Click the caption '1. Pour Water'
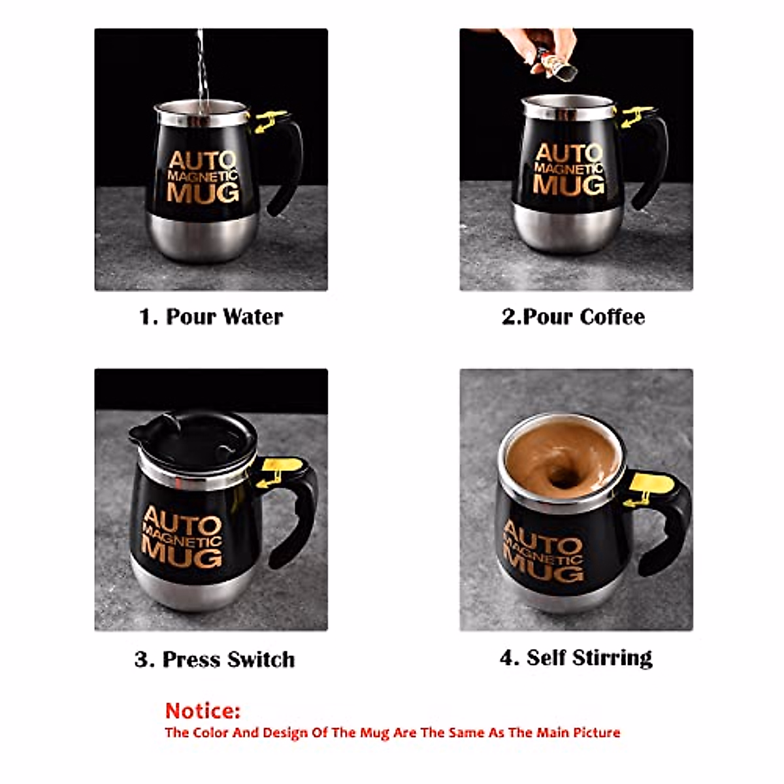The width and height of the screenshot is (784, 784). pos(211,317)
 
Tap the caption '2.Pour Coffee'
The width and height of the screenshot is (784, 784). pos(573,317)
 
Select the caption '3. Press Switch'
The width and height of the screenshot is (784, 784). pos(215,659)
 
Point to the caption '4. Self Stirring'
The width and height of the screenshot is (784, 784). pos(576,657)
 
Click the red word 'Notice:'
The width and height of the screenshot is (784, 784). pos(203,710)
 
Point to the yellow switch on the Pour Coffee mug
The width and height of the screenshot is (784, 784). pos(635,116)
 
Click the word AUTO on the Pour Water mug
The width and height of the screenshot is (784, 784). pos(203,161)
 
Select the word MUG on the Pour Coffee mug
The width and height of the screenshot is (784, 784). pos(568,185)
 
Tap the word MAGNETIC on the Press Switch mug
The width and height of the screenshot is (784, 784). pos(182,536)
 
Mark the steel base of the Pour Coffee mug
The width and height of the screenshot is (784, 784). pos(567,229)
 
